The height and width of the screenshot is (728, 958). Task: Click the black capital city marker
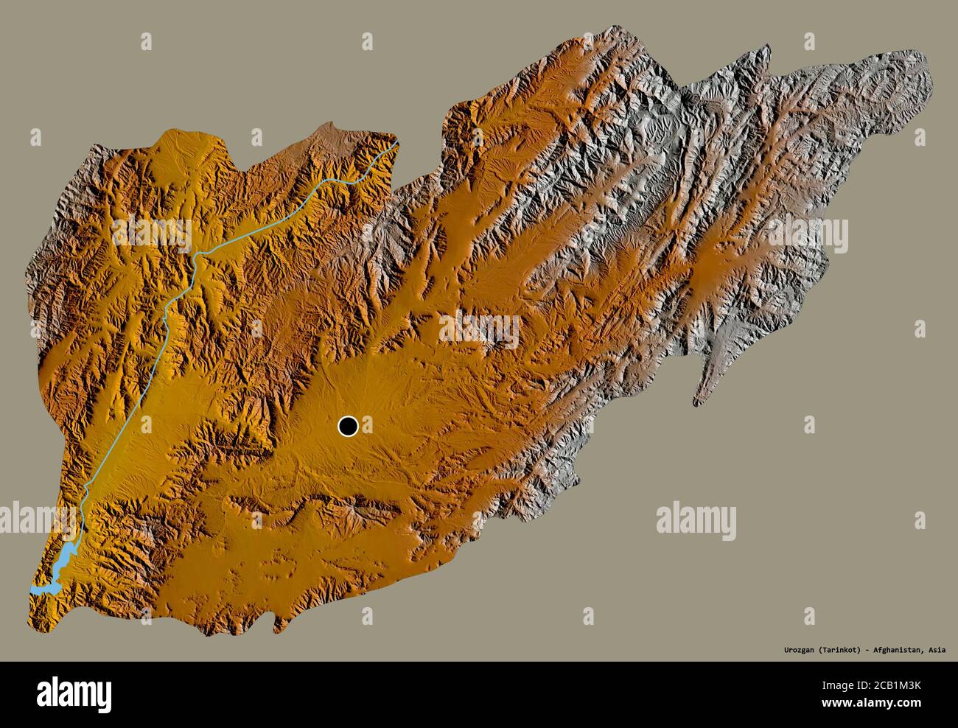click(x=348, y=426)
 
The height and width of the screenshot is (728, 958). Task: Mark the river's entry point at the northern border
click(x=396, y=142)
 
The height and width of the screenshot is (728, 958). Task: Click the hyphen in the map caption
click(x=873, y=651)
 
